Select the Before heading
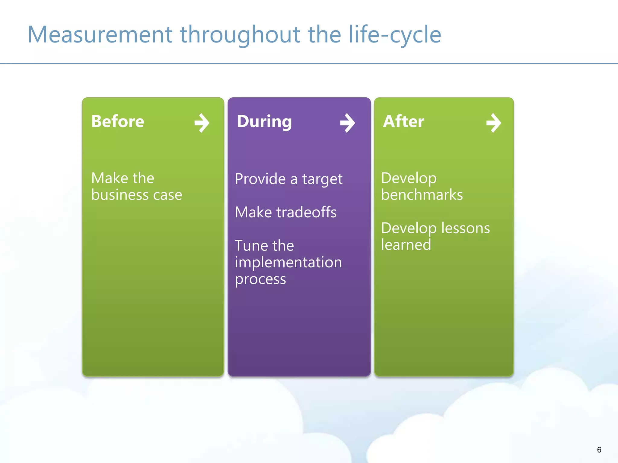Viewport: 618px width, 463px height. pyautogui.click(x=118, y=121)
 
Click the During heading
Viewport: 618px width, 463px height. pyautogui.click(x=264, y=121)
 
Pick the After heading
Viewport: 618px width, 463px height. pyautogui.click(x=403, y=121)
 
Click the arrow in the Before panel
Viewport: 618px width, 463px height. pyautogui.click(x=202, y=123)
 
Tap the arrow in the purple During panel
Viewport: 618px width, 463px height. pyautogui.click(x=348, y=123)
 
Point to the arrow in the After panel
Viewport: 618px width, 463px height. pyautogui.click(x=494, y=123)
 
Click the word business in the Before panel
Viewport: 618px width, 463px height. pyautogui.click(x=119, y=195)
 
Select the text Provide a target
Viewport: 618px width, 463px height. pyautogui.click(x=288, y=179)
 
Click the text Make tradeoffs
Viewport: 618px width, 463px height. pyautogui.click(x=285, y=212)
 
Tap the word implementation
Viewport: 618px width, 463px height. pyautogui.click(x=288, y=262)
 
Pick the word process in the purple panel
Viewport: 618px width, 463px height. pyautogui.click(x=260, y=279)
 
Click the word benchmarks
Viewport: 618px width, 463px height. pyautogui.click(x=422, y=195)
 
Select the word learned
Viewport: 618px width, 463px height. pyautogui.click(x=406, y=245)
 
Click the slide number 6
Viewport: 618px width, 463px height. pyautogui.click(x=599, y=450)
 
